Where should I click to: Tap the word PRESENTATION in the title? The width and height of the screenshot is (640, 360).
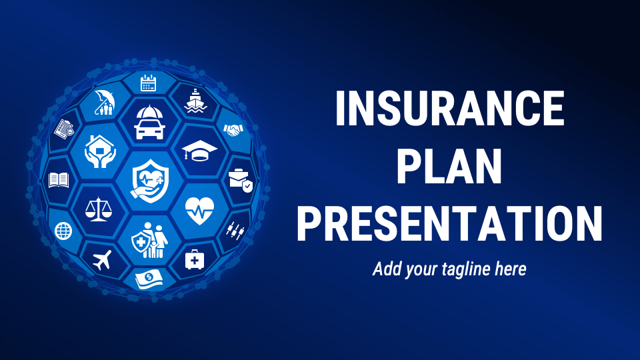point(450,224)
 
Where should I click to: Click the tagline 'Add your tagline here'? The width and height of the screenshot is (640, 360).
point(449,269)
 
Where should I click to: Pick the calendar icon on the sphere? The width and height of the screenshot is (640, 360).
point(148,83)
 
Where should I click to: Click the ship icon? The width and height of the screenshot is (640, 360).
point(194,101)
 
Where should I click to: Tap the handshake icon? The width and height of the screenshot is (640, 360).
point(233,129)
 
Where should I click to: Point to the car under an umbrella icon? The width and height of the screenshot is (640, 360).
point(149,121)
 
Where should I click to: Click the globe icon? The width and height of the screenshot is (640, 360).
point(63,231)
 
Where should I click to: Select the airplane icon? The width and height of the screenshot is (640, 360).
point(103,259)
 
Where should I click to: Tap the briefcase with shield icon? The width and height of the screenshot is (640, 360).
point(240,179)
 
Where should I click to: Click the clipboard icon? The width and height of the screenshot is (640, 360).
point(65,127)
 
